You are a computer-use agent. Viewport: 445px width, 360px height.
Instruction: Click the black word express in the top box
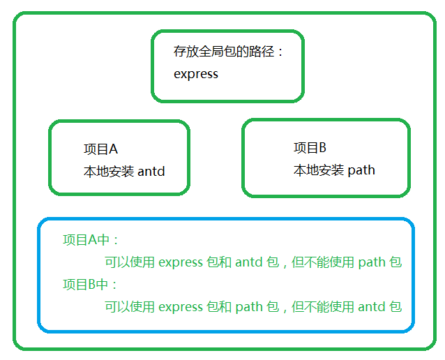[196, 74]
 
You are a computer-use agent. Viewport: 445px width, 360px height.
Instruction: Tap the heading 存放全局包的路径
[224, 52]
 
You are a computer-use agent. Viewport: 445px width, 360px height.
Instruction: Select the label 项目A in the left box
[100, 149]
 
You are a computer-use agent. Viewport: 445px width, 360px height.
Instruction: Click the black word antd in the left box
[151, 171]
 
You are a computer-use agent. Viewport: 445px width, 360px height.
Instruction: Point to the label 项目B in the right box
[310, 148]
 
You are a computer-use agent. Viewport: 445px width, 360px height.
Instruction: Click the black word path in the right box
[361, 170]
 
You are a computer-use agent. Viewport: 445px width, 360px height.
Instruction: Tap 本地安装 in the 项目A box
[109, 172]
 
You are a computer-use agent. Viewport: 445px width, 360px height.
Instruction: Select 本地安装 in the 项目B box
[319, 170]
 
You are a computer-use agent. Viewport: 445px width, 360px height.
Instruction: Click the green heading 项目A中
[86, 240]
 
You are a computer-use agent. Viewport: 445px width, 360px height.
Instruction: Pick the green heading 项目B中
[85, 284]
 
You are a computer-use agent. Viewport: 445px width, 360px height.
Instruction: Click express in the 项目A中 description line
[181, 262]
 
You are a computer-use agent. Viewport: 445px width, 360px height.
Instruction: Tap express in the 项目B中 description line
[181, 307]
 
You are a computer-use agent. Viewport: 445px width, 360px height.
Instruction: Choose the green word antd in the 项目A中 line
[249, 262]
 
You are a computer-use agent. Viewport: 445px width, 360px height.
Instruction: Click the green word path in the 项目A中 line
[372, 262]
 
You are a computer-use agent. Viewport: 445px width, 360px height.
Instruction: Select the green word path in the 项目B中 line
[249, 307]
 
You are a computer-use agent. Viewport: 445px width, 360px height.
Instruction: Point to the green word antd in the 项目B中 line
[372, 306]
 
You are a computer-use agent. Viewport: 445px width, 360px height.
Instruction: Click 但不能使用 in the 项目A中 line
[323, 262]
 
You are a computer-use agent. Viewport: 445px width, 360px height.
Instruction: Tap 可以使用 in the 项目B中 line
[130, 307]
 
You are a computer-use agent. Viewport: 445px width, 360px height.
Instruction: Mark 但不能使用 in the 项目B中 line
[323, 307]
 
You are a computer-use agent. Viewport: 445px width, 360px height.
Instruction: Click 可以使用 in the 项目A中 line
[130, 262]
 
